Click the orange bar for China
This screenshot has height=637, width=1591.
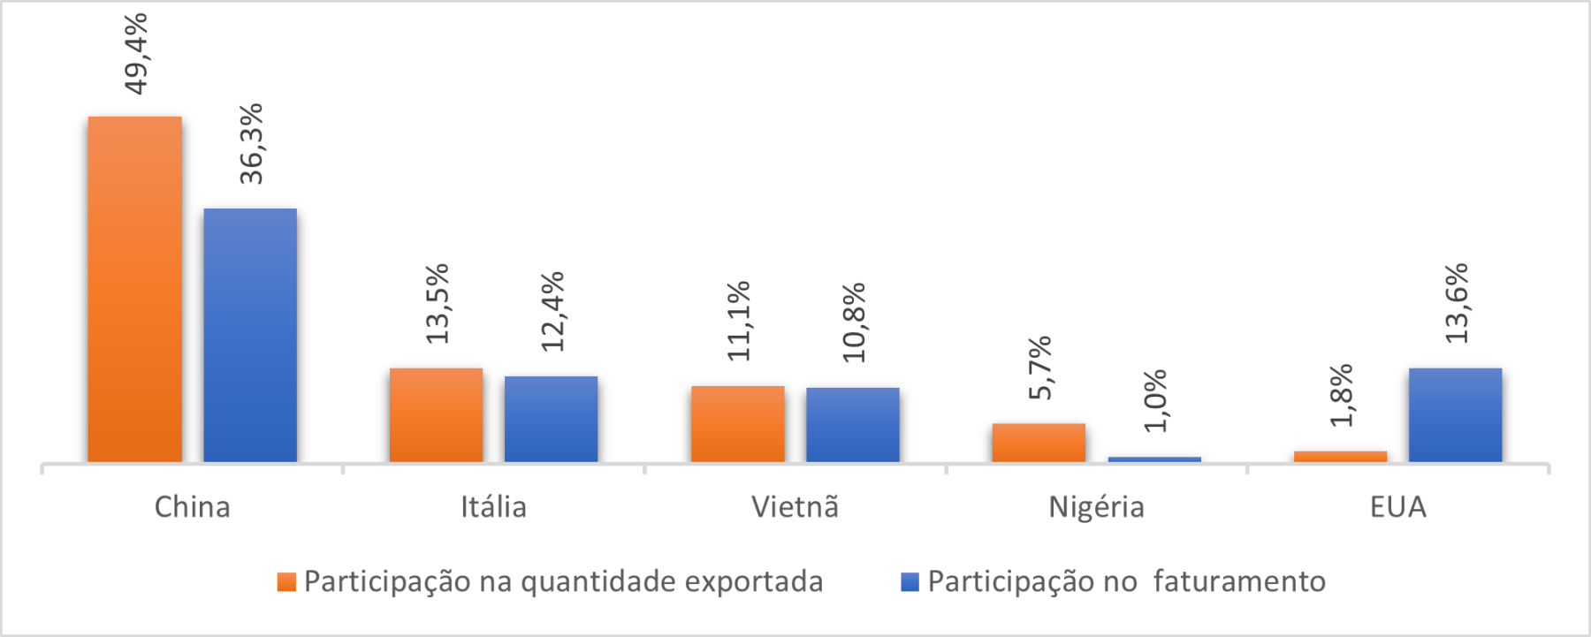pos(134,289)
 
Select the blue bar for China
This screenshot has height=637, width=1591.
pos(250,335)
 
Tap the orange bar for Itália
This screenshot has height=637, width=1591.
pos(436,414)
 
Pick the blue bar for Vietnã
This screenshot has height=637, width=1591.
pos(852,424)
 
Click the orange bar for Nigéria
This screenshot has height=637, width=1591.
pos(1039,442)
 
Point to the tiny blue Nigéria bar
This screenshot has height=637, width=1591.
pos(1154,459)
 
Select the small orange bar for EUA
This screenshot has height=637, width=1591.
pos(1340,456)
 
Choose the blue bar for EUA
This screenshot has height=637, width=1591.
pos(1455,414)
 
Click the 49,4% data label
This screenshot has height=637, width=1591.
pos(136,53)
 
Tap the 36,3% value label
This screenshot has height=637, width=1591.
pos(251,143)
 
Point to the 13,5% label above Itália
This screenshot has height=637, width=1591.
pos(437,303)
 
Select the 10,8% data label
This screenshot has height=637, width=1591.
pos(854,322)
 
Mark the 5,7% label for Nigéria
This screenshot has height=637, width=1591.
pos(1040,368)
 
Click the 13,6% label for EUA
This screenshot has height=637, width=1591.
pos(1456,303)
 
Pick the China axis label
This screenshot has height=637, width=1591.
pos(192,507)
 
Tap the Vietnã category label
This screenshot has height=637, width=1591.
pos(795,507)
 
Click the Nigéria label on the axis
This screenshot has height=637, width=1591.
pos(1096,507)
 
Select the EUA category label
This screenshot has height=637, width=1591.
pos(1397,507)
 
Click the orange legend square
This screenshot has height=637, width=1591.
pos(286,581)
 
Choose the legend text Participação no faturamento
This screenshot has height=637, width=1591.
pos(1126,581)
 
